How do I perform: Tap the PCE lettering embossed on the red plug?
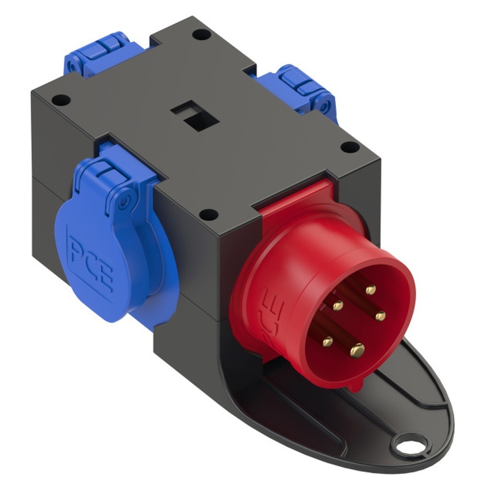tap(270, 317)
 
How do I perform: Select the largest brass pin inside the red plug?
tap(357, 350)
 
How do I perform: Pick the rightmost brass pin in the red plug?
tap(380, 316)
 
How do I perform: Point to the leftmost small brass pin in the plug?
tap(327, 340)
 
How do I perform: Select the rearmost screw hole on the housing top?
tap(199, 35)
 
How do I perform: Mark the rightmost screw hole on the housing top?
tap(350, 146)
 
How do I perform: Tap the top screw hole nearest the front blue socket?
tap(209, 214)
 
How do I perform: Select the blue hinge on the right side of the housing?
tap(301, 88)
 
